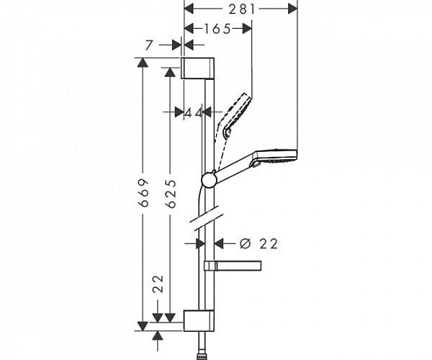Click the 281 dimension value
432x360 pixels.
240,8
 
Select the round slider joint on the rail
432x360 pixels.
208,180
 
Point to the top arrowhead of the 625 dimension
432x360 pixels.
171,72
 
